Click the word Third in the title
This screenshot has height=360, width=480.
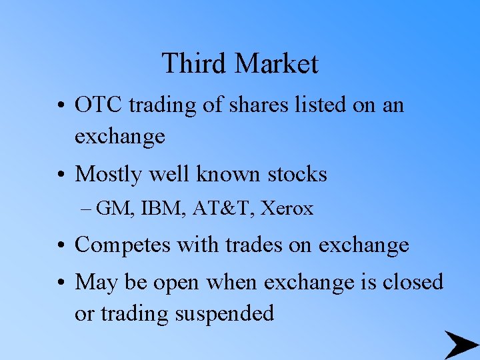click(194, 64)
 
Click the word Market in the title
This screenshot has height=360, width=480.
click(276, 64)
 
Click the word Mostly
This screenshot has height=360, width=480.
click(107, 175)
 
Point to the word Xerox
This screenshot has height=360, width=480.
click(287, 209)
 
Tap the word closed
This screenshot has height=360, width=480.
click(413, 282)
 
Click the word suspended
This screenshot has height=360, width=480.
click(224, 313)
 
